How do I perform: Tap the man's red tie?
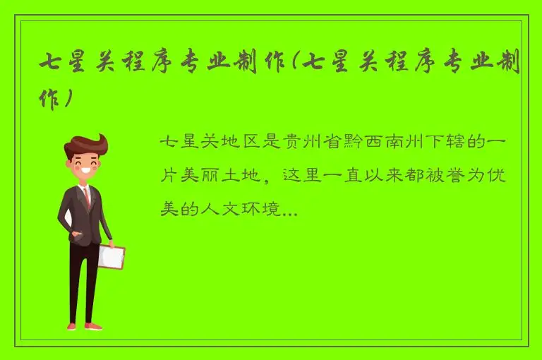pos(87,197)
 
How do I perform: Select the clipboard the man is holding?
pos(112,256)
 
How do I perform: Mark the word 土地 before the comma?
pos(236,176)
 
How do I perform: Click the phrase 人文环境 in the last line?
pos(244,209)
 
